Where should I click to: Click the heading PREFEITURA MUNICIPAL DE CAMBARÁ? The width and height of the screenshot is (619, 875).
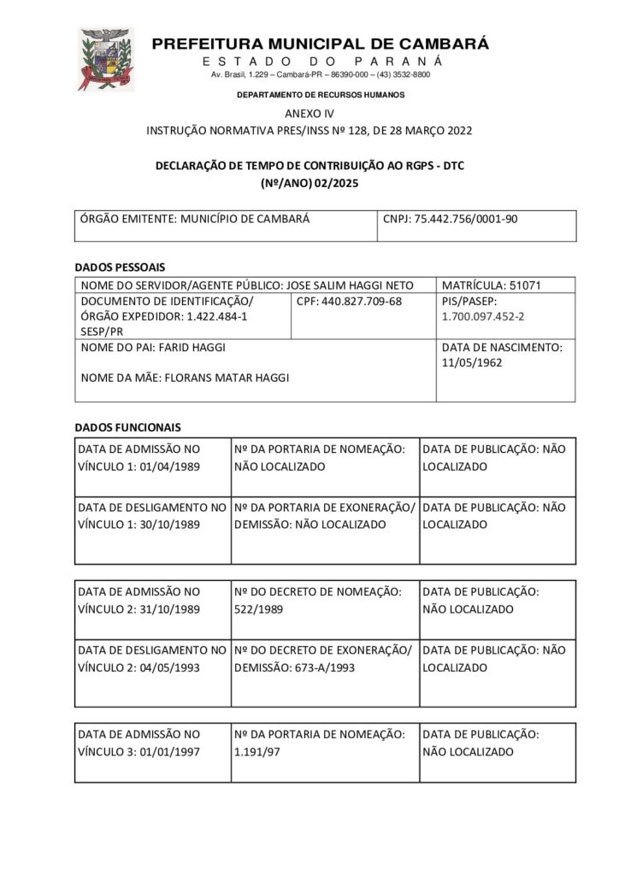[321, 44]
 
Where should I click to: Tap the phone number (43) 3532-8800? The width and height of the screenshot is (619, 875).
[405, 75]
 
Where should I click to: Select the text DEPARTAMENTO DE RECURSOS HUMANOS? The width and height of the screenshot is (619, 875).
[321, 95]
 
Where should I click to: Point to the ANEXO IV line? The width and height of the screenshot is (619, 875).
[309, 114]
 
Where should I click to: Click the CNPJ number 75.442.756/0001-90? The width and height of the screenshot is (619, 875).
[466, 219]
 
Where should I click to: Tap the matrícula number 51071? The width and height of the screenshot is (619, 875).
[525, 285]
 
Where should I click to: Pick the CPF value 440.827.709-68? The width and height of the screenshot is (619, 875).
[362, 302]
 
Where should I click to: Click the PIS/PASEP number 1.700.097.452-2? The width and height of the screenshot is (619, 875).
[483, 316]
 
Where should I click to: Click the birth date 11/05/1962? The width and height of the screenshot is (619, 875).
[473, 362]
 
